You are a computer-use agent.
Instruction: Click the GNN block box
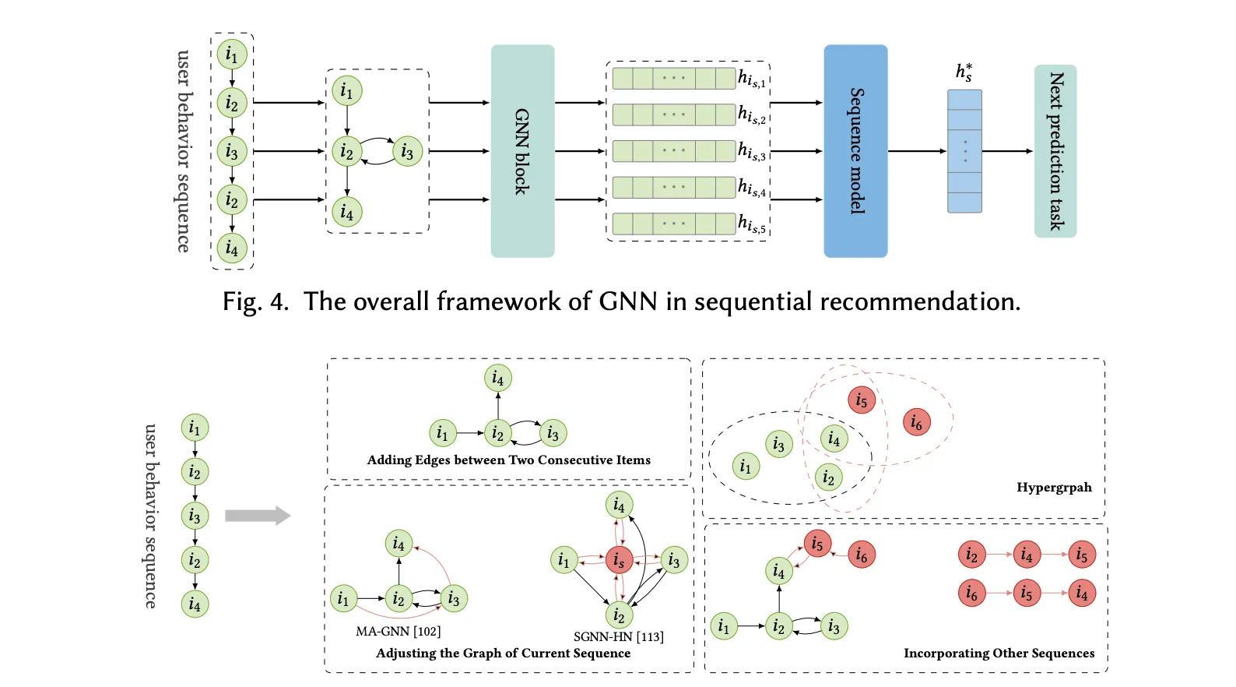coord(522,151)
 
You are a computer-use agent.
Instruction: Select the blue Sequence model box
coord(855,151)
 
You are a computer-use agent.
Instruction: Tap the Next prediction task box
coord(1055,151)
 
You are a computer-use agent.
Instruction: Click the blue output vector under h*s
coord(964,151)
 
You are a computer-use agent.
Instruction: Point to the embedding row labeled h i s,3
coord(674,150)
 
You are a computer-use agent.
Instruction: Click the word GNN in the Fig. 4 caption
coord(627,301)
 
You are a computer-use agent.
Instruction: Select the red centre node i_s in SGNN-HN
coord(619,560)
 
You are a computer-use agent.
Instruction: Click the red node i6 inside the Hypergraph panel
coord(917,423)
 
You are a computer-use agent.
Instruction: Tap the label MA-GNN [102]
coord(398,631)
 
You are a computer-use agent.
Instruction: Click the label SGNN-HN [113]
coord(618,636)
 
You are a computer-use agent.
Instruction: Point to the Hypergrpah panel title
coord(1054,488)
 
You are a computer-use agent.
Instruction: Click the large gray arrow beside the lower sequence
coord(258,516)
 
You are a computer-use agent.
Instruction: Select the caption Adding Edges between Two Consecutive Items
coord(508,460)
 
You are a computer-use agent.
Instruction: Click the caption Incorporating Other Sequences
coord(999,653)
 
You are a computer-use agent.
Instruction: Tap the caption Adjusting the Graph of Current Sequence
coord(503,653)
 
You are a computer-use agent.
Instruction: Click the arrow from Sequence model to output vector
coord(917,151)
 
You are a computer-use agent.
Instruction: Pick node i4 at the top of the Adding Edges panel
coord(498,379)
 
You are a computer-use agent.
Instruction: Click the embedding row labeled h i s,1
coord(674,79)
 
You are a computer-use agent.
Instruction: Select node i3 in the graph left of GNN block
coord(407,152)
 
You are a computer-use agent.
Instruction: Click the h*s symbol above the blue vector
coord(964,72)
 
